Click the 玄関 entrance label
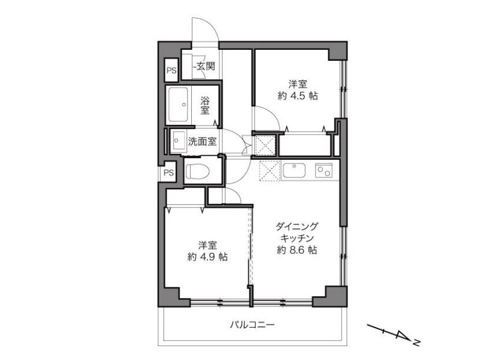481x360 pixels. click(x=206, y=66)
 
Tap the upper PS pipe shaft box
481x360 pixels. click(x=171, y=70)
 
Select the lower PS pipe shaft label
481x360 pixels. click(x=168, y=172)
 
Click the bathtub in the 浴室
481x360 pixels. click(x=178, y=105)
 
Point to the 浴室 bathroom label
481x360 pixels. click(x=205, y=106)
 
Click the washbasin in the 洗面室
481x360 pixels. click(x=177, y=141)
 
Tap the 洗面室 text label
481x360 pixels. click(x=202, y=141)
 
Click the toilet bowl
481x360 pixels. click(x=198, y=171)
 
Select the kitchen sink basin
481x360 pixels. click(x=294, y=171)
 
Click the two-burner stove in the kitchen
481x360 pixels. click(x=323, y=171)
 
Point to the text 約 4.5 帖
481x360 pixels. click(x=298, y=96)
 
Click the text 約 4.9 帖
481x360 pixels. click(x=207, y=257)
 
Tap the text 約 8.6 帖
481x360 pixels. click(x=297, y=250)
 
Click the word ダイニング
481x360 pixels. click(x=297, y=227)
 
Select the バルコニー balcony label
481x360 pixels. click(x=252, y=325)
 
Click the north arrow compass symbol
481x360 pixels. click(x=394, y=334)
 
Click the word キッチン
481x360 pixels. click(x=297, y=238)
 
